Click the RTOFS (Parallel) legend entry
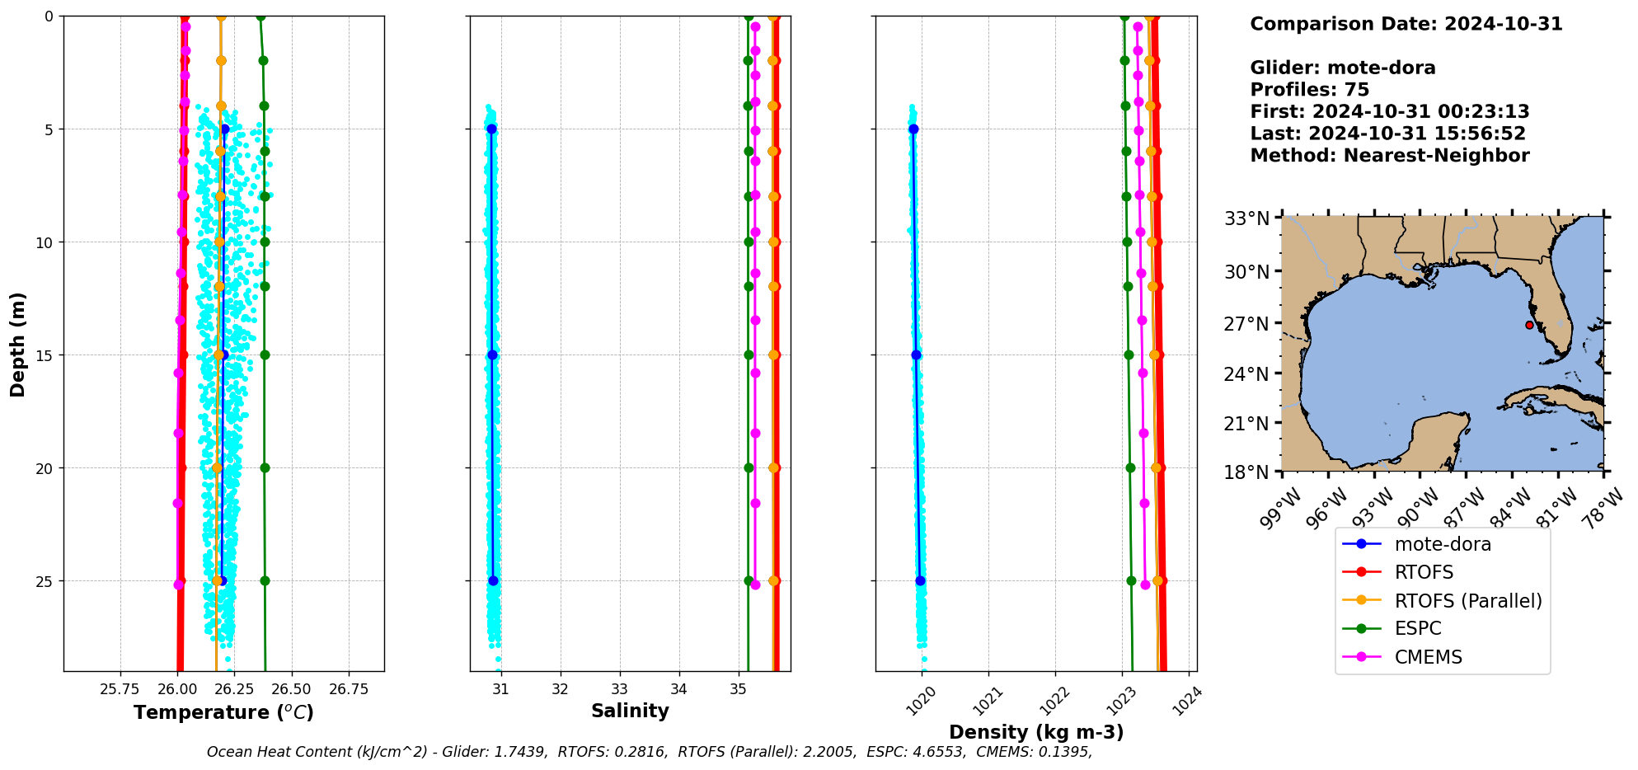point(1467,601)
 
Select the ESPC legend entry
point(1418,629)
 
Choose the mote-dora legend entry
point(1443,544)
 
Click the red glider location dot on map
point(1529,325)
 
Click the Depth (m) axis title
point(18,344)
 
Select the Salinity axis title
point(630,711)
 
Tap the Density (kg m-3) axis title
point(1036,732)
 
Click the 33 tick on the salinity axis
point(620,689)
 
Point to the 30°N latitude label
point(1246,271)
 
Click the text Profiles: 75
point(1309,90)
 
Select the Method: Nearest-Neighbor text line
point(1389,156)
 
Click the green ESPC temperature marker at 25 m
point(265,580)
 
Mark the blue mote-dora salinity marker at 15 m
point(492,354)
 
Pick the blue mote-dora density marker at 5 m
point(913,129)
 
